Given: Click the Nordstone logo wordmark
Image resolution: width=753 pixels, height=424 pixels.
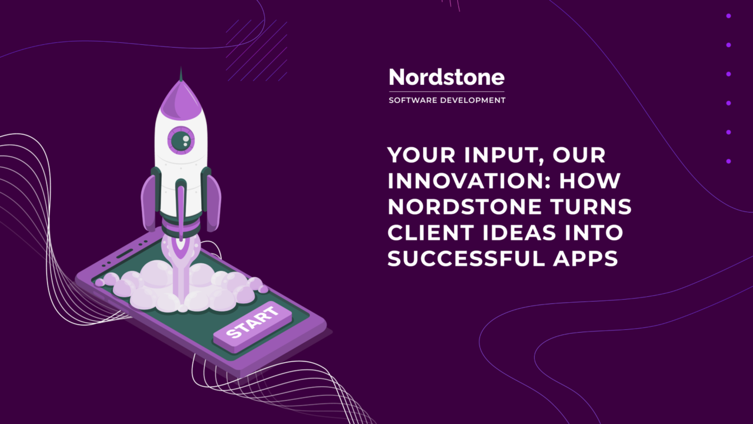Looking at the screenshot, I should coord(447,78).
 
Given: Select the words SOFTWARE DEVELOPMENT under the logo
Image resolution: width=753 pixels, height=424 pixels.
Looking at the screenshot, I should coord(447,101).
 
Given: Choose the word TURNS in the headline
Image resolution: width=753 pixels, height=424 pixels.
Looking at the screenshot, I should coord(592,207).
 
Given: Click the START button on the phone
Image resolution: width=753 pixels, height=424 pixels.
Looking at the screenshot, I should coord(253,324).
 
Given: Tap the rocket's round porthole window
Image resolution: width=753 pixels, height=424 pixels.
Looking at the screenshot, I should coord(181,140).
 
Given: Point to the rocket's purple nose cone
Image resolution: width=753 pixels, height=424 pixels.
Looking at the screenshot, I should coord(181,97).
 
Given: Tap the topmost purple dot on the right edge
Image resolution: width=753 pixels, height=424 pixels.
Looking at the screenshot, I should coord(728,16).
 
